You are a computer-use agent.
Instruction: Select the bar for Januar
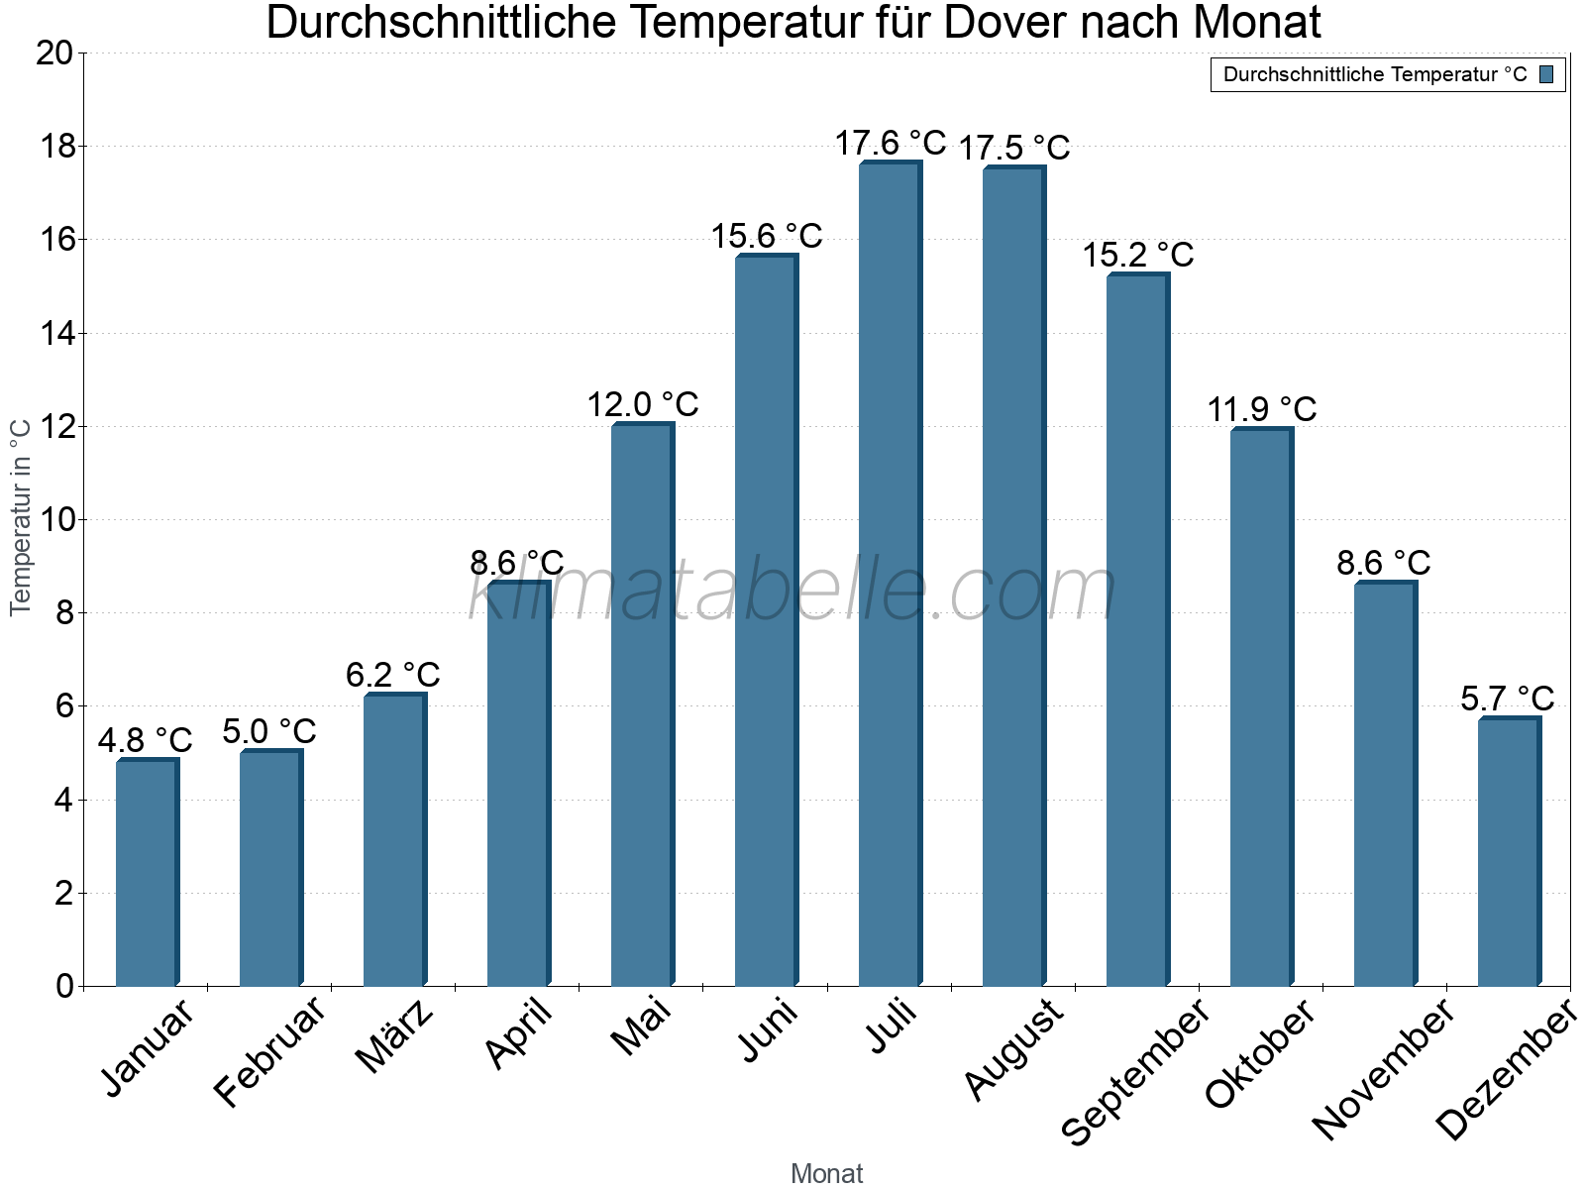tap(147, 872)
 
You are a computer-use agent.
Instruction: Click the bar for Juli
tap(890, 575)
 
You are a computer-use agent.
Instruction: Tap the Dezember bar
tap(1509, 852)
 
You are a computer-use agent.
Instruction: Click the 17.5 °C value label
tap(1014, 148)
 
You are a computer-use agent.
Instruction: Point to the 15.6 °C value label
tap(767, 236)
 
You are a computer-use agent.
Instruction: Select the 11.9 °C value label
tap(1262, 409)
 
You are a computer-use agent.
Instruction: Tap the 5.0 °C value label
tap(269, 731)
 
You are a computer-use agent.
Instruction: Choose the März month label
tap(394, 1036)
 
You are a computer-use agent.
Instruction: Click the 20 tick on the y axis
tap(54, 54)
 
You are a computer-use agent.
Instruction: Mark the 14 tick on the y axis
tap(54, 334)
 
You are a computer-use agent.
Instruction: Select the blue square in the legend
tap(1546, 74)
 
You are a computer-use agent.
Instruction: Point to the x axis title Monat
tap(827, 1173)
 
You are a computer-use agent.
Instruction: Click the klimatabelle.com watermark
tap(792, 592)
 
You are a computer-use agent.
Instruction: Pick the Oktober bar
tap(1261, 707)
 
